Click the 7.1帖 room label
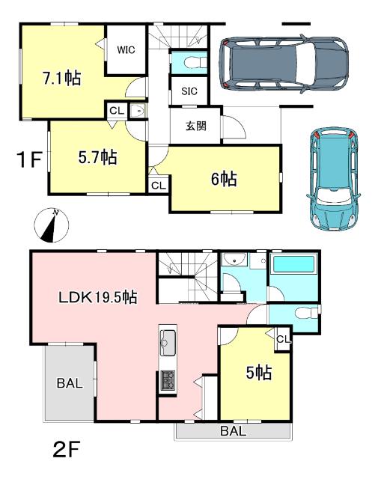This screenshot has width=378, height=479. (63, 78)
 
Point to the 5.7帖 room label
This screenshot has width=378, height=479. (97, 158)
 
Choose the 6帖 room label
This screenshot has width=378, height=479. (225, 179)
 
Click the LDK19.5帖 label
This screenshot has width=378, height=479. (97, 296)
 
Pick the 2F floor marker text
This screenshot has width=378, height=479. (66, 451)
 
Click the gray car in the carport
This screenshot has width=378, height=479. (284, 63)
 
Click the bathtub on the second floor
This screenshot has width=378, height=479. (293, 266)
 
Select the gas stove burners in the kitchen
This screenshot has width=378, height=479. (166, 381)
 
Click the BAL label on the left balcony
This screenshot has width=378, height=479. (70, 383)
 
